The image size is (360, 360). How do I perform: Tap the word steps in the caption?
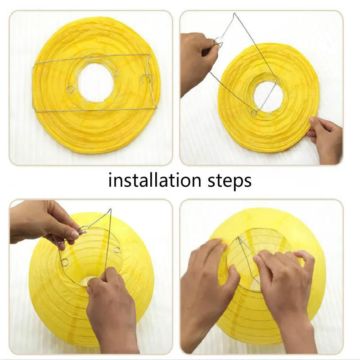[x=229, y=181]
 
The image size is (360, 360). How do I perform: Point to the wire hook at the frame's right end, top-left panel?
[x=148, y=78]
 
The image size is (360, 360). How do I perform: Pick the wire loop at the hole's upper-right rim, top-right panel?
[x=278, y=81]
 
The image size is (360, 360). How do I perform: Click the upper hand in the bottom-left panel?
[x=45, y=223]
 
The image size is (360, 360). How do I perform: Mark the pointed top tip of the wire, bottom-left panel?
[x=110, y=210]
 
